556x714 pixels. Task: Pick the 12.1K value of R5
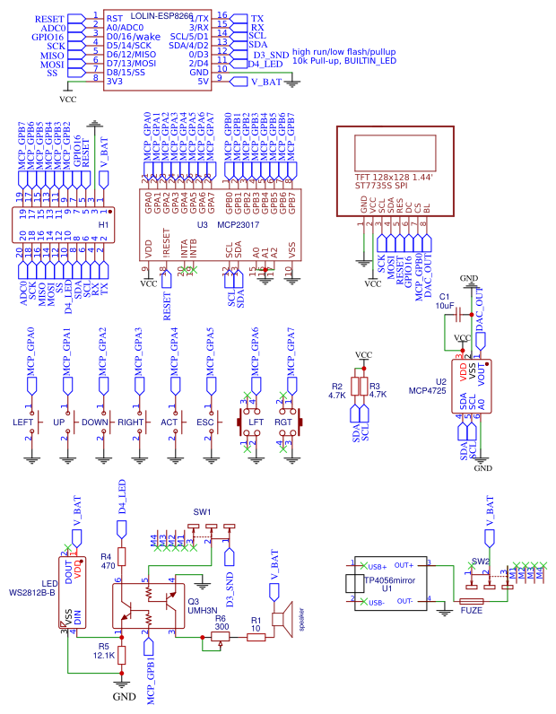(x=104, y=656)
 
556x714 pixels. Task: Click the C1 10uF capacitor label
(x=446, y=300)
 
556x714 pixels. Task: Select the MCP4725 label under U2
(x=428, y=391)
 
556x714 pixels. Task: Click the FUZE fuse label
(x=471, y=611)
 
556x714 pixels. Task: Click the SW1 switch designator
(x=202, y=512)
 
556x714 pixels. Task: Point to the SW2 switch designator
(x=481, y=561)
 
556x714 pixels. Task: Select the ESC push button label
(x=204, y=422)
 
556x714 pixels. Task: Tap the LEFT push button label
(x=22, y=422)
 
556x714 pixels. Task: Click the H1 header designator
(x=103, y=223)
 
